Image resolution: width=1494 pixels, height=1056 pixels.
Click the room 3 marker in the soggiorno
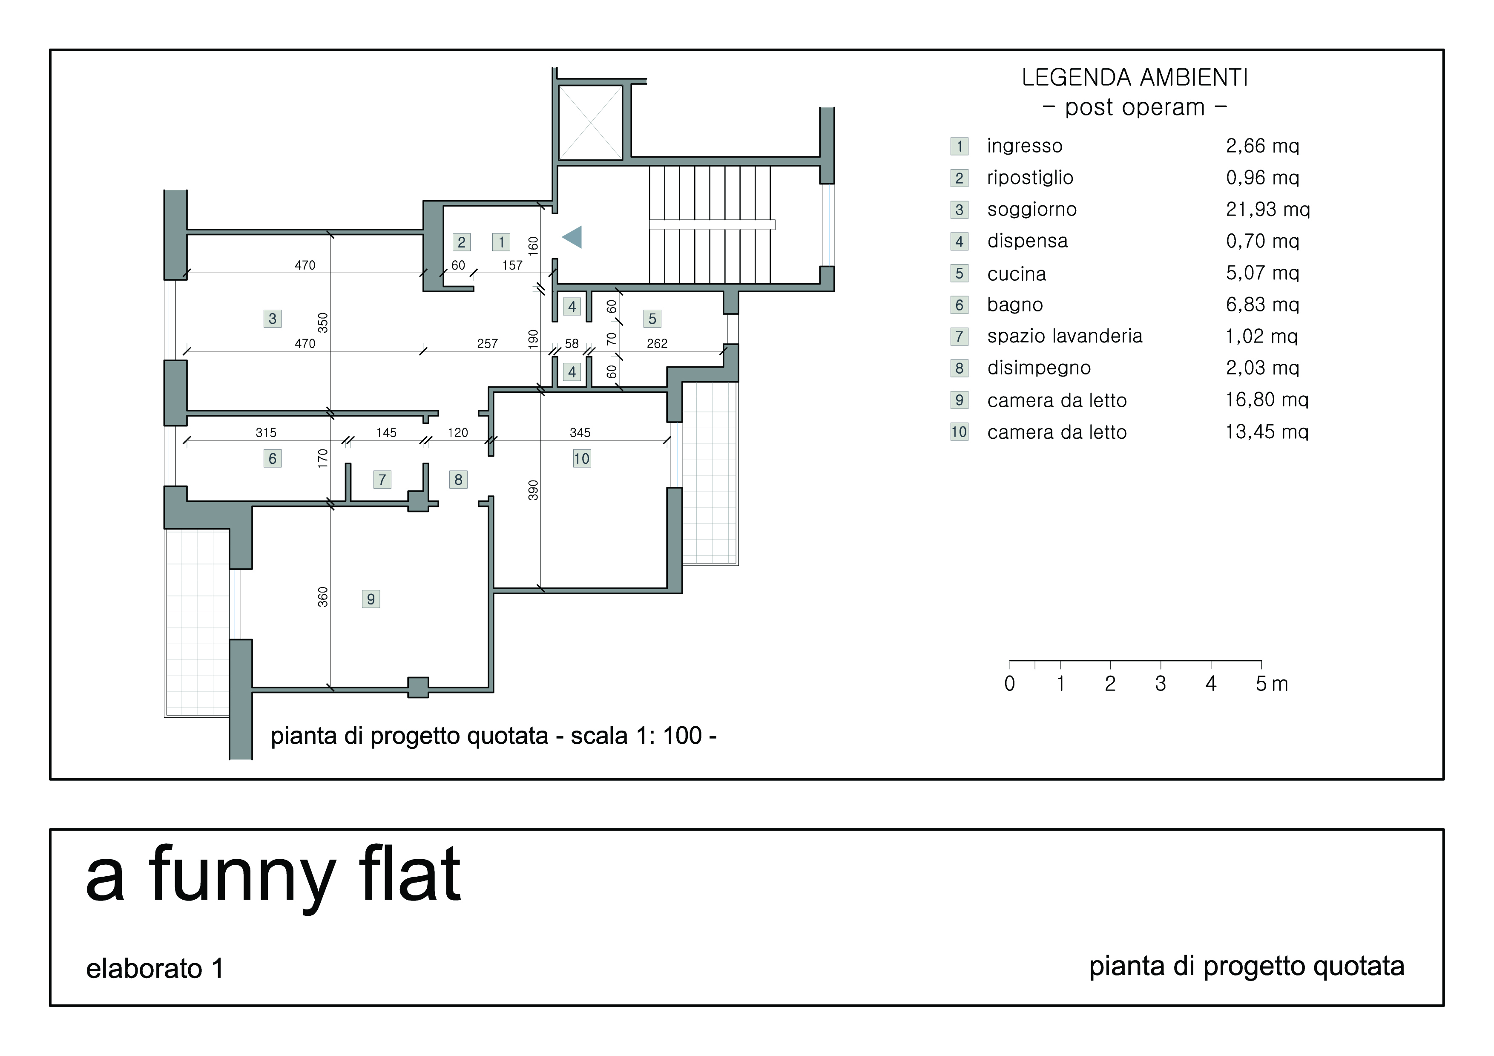click(x=272, y=318)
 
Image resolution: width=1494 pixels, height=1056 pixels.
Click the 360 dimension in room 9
click(x=323, y=597)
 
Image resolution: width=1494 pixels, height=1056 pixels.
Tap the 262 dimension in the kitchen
click(x=657, y=343)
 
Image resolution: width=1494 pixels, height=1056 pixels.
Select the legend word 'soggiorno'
click(x=1031, y=210)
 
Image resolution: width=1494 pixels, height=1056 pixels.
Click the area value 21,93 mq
click(x=1267, y=210)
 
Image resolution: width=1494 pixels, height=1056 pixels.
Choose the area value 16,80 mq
click(x=1266, y=400)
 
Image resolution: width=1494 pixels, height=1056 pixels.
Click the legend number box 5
click(x=959, y=273)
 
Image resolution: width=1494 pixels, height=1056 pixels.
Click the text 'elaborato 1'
click(x=155, y=969)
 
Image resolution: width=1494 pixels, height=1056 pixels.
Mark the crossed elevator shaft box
click(x=590, y=122)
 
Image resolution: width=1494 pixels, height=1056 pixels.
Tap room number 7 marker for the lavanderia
click(x=382, y=480)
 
